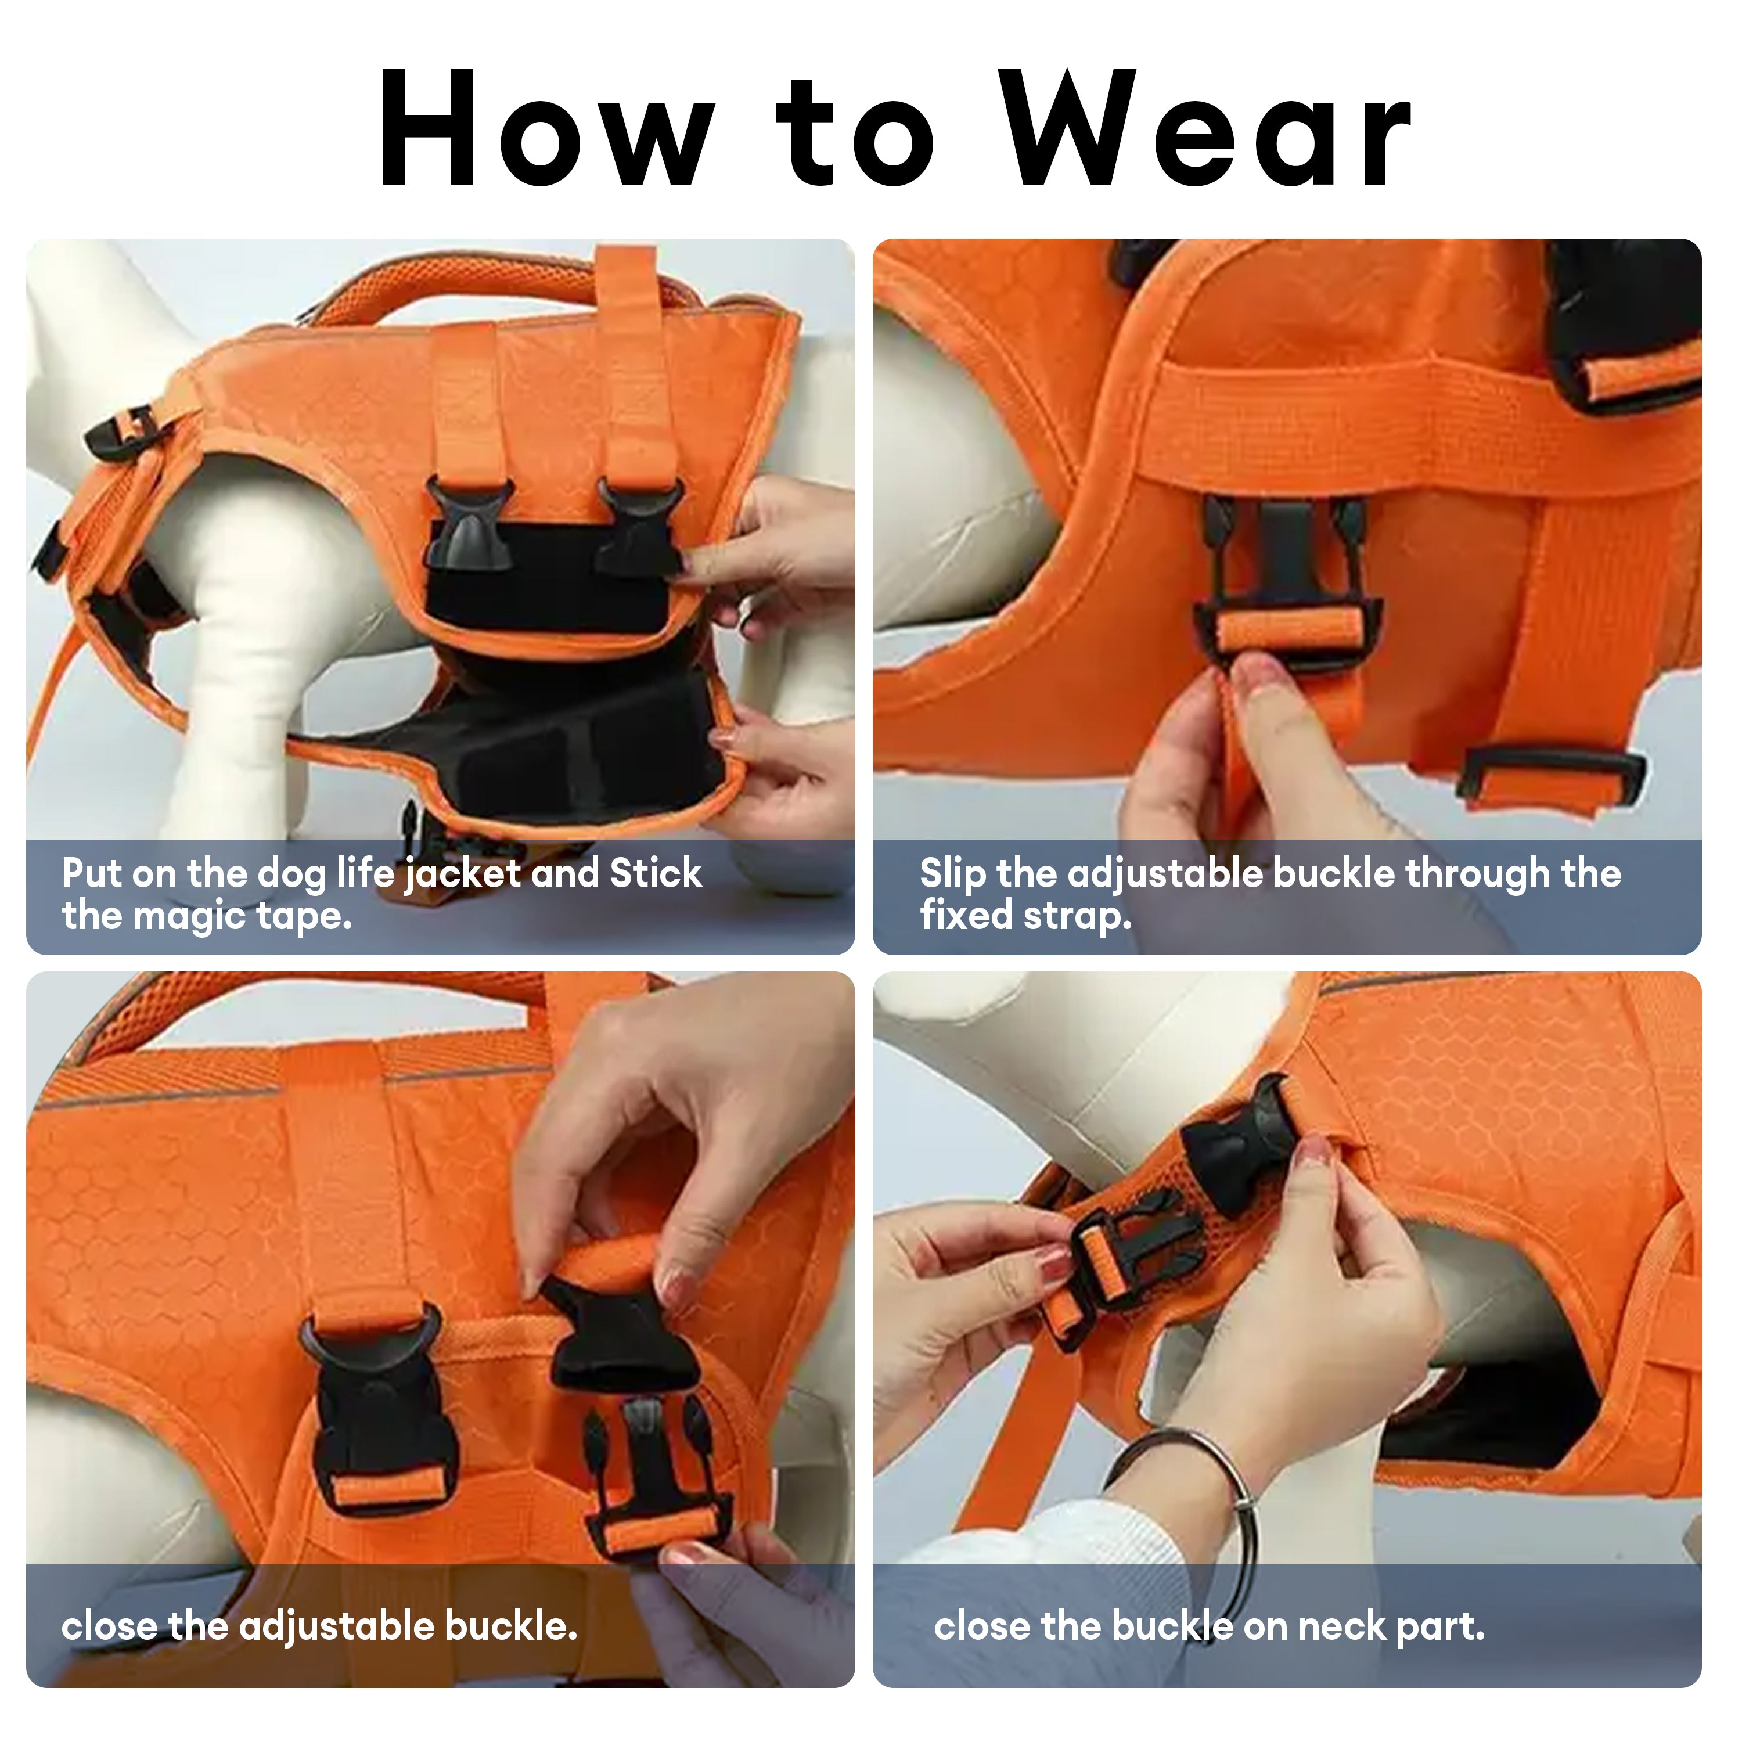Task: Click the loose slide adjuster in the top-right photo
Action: tap(1551, 775)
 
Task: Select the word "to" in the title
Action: tap(856, 135)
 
